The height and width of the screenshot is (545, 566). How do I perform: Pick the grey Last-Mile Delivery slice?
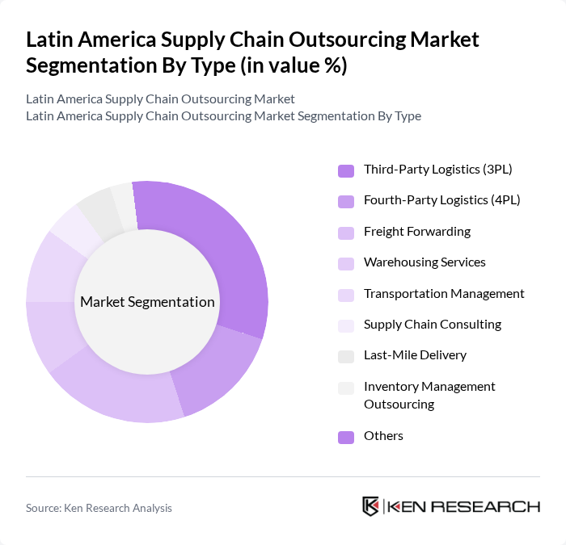(x=99, y=210)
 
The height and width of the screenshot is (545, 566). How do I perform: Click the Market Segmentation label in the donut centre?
(x=147, y=302)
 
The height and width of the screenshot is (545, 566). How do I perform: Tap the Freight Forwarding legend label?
(x=416, y=232)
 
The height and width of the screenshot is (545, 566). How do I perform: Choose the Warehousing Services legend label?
(x=424, y=262)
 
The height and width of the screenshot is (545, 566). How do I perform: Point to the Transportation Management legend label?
(x=444, y=293)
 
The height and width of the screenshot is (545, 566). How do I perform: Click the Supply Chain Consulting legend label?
(x=433, y=325)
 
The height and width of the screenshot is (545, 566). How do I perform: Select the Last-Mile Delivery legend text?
(x=415, y=355)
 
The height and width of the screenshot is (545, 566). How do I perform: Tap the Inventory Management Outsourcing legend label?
(x=429, y=395)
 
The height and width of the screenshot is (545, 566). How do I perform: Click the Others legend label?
(x=383, y=436)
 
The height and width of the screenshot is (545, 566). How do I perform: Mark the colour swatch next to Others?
(x=346, y=437)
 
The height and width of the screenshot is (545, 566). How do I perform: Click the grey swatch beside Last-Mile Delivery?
(x=346, y=356)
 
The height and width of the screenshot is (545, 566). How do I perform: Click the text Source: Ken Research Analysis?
(x=99, y=508)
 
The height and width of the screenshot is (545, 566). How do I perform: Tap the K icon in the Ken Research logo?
(x=370, y=506)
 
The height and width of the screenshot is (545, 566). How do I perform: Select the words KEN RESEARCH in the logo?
(x=463, y=506)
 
